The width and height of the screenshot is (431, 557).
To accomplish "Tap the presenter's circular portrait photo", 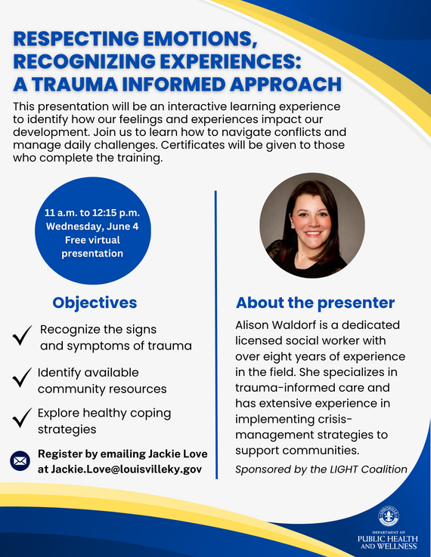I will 312,227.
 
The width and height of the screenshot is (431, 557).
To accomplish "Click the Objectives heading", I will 95,303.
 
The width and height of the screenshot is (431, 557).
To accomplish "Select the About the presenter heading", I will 315,303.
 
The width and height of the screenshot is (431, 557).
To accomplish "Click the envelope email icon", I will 20,460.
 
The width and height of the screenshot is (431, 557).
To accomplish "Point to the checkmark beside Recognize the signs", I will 22,337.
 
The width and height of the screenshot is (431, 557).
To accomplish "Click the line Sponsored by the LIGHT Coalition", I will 321,469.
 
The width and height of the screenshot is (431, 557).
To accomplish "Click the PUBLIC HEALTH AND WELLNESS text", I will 386,541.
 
